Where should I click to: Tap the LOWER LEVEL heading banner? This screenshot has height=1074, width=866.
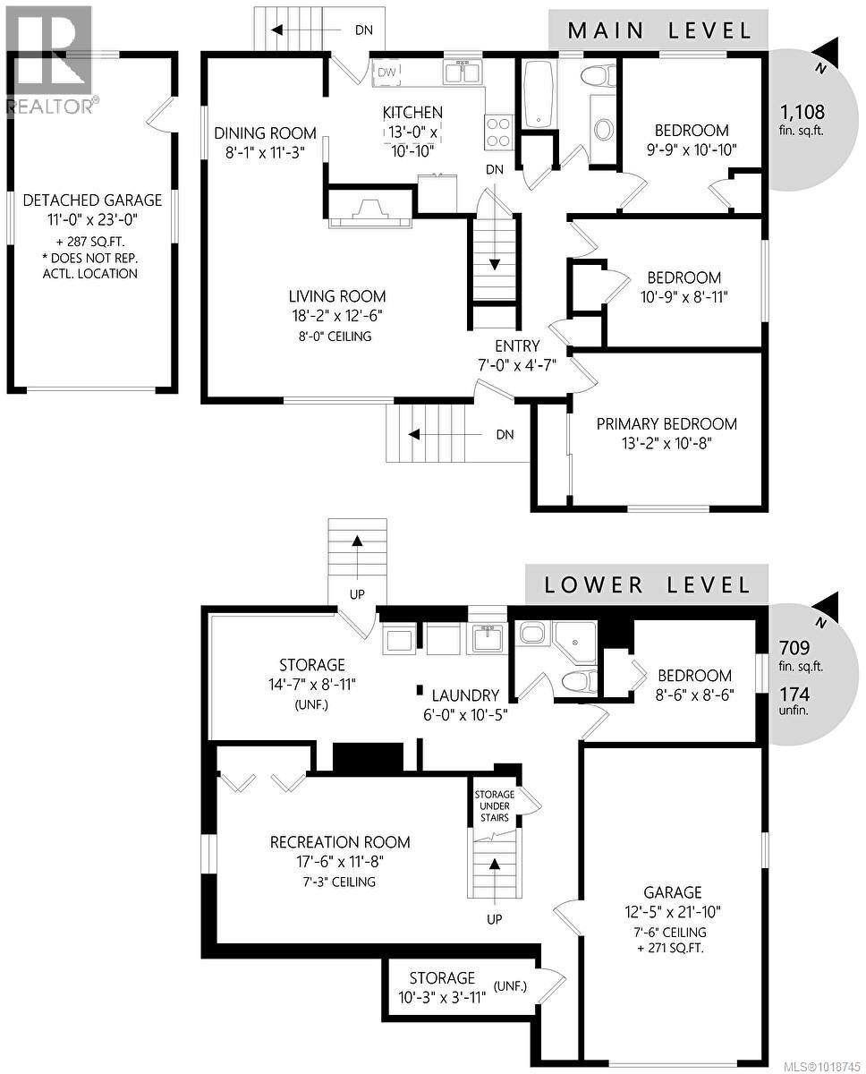[646, 584]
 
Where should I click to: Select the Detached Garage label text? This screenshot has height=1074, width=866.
[92, 200]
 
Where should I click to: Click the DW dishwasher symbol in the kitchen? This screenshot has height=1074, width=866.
[386, 72]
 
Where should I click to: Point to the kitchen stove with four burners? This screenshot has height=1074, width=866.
[498, 132]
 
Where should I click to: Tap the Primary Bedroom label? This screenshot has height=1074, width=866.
[666, 423]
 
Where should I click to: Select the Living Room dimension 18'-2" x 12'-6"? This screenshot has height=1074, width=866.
[336, 316]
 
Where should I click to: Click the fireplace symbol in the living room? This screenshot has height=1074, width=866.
[369, 210]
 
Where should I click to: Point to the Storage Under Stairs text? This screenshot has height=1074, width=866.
[494, 805]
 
